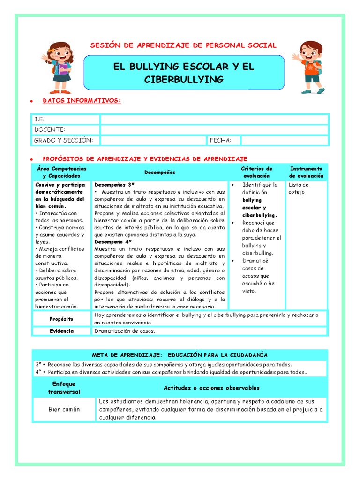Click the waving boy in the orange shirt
[310, 66]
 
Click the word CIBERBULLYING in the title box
[183, 80]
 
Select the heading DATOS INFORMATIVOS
[82, 101]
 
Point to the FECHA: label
[224, 140]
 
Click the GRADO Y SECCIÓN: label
[63, 140]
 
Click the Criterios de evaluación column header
[256, 172]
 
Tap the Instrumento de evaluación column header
[306, 172]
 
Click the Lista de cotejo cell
[299, 188]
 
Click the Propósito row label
[61, 319]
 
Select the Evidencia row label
[61, 331]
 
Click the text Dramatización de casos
[124, 331]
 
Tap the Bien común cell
[64, 409]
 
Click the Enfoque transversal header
[64, 388]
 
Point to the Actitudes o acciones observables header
[211, 388]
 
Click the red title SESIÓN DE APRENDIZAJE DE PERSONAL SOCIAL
[183, 45]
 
